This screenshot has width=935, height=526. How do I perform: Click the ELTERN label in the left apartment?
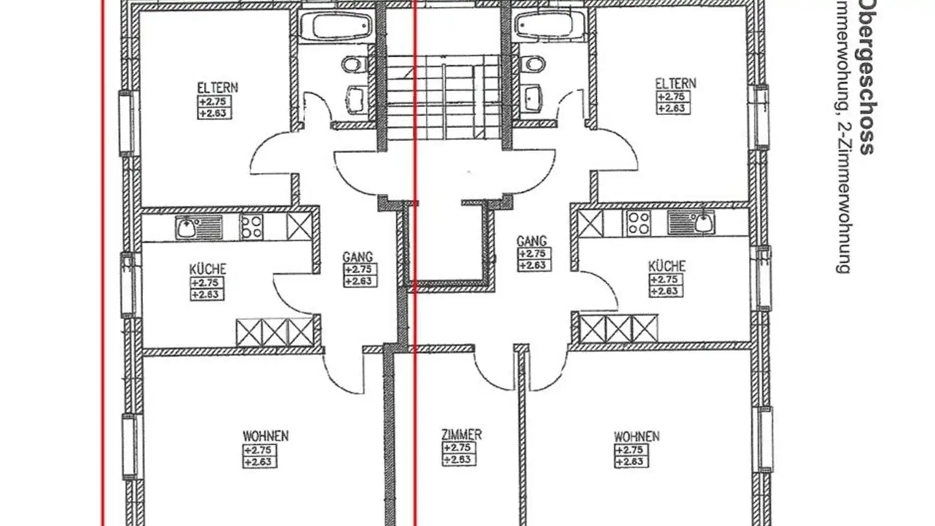pos(218,87)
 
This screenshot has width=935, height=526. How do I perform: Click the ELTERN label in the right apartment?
pos(675,84)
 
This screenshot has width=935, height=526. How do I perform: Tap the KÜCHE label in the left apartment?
pos(208,269)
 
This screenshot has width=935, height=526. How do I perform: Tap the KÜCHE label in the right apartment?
pos(666,266)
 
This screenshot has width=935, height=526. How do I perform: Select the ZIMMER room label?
pos(461,434)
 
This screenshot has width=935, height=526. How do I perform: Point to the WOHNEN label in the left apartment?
pos(266,436)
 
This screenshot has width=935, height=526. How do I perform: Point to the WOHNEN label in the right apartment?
pos(636,436)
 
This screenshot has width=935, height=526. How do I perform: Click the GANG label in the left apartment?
pos(358,257)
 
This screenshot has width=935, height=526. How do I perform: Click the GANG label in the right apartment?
pos(531,241)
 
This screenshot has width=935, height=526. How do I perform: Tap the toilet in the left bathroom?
pos(353,64)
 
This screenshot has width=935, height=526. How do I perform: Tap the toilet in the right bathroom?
pos(534,64)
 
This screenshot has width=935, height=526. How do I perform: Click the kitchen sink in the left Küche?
pos(188,227)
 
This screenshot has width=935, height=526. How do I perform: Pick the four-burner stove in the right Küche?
pos(638,223)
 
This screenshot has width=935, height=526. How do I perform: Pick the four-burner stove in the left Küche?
pos(252,227)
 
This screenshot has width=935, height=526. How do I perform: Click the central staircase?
pos(443,97)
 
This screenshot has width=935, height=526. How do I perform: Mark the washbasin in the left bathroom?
pos(355,99)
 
